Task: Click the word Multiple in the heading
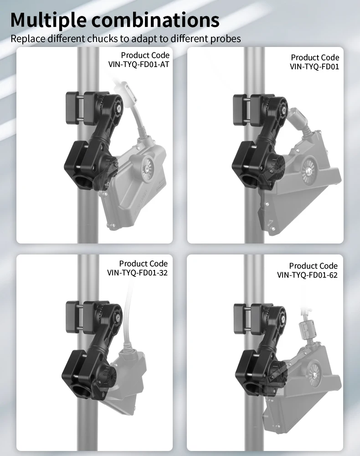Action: (x=48, y=20)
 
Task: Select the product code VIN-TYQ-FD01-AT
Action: (x=139, y=64)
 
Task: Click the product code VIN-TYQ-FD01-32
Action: (x=138, y=273)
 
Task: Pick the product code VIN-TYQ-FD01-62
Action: (x=308, y=275)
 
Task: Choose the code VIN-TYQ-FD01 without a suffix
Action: (x=314, y=67)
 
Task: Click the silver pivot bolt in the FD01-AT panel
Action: (x=118, y=108)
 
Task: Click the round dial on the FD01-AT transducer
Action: (x=148, y=167)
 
